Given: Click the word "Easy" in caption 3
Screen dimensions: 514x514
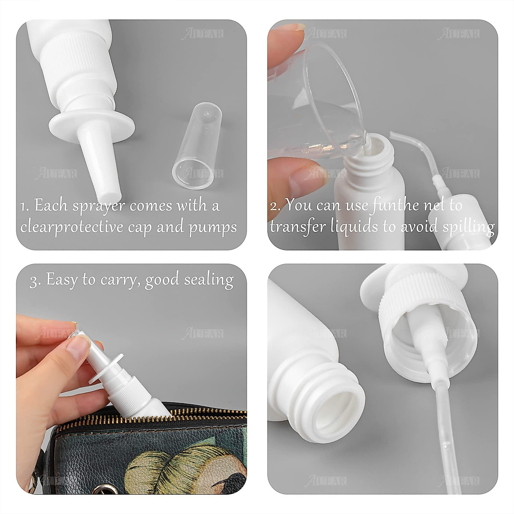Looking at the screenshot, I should point(62,280).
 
